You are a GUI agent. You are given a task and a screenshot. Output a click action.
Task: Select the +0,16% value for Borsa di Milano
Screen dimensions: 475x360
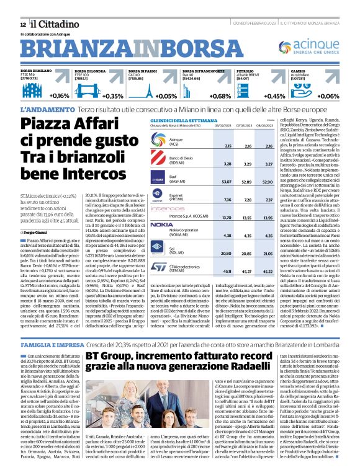(x=59, y=96)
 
